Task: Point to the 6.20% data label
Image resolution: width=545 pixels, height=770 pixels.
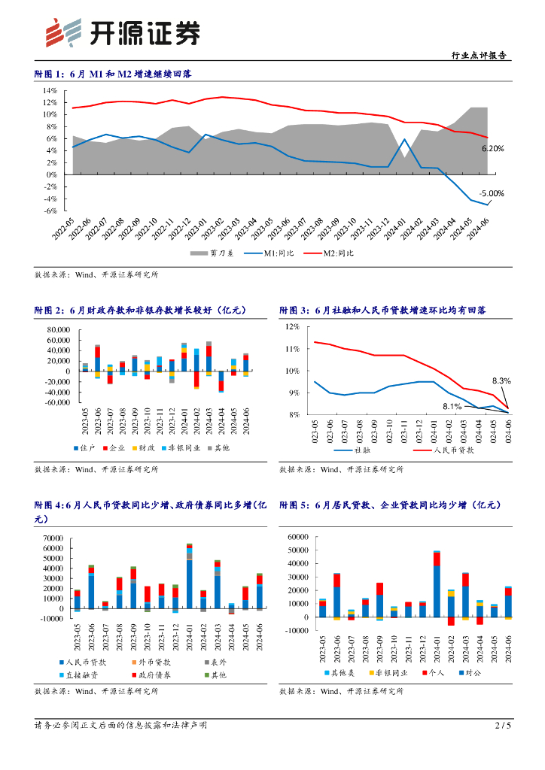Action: point(492,149)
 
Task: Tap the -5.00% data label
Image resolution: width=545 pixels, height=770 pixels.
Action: point(492,193)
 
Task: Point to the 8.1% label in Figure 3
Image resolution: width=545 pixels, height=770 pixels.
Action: point(452,407)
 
